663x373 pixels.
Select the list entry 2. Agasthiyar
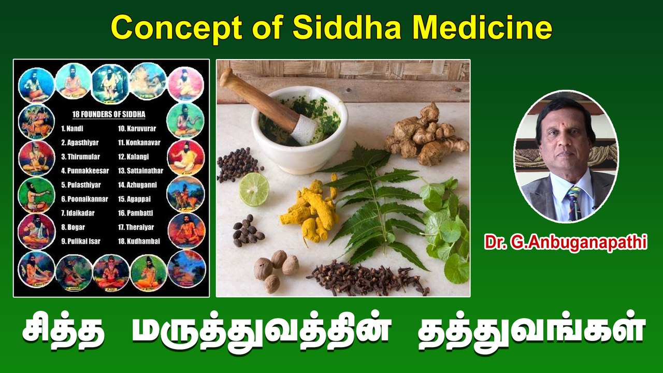pos(80,142)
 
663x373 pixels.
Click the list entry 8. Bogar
pos(73,227)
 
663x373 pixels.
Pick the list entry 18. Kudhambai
pos(139,241)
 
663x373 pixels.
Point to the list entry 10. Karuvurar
pos(138,128)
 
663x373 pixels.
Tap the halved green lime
pos(254,189)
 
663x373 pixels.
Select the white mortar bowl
pos(311,150)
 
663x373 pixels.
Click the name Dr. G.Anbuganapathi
pos(566,242)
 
